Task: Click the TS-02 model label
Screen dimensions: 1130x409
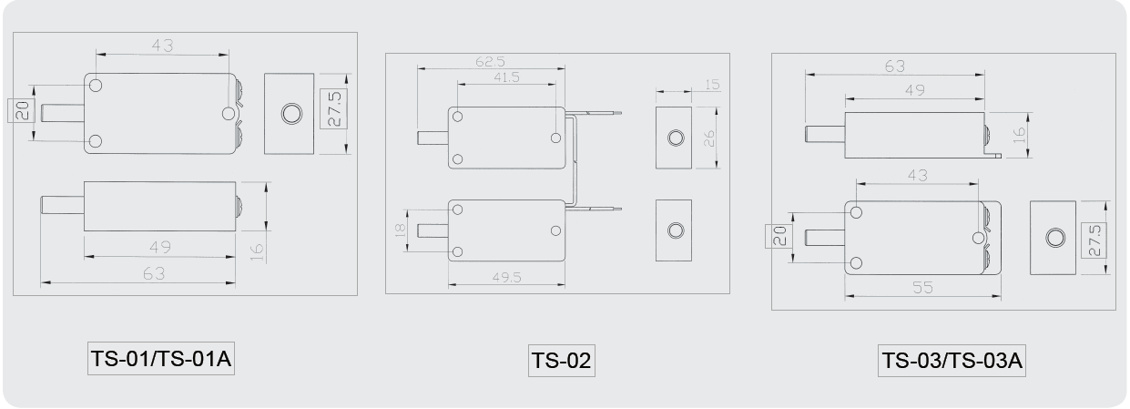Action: (561, 361)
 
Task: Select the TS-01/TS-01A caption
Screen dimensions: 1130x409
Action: (161, 359)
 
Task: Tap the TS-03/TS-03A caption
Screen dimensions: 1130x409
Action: (952, 361)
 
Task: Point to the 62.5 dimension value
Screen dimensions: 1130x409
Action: (490, 62)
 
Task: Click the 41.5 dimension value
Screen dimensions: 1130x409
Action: (506, 77)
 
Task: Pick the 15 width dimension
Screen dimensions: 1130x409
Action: (712, 85)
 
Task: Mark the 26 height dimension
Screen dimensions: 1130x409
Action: (708, 138)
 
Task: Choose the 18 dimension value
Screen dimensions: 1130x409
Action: (400, 230)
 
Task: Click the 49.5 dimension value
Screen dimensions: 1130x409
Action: (506, 277)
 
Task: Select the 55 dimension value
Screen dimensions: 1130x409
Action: (922, 287)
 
